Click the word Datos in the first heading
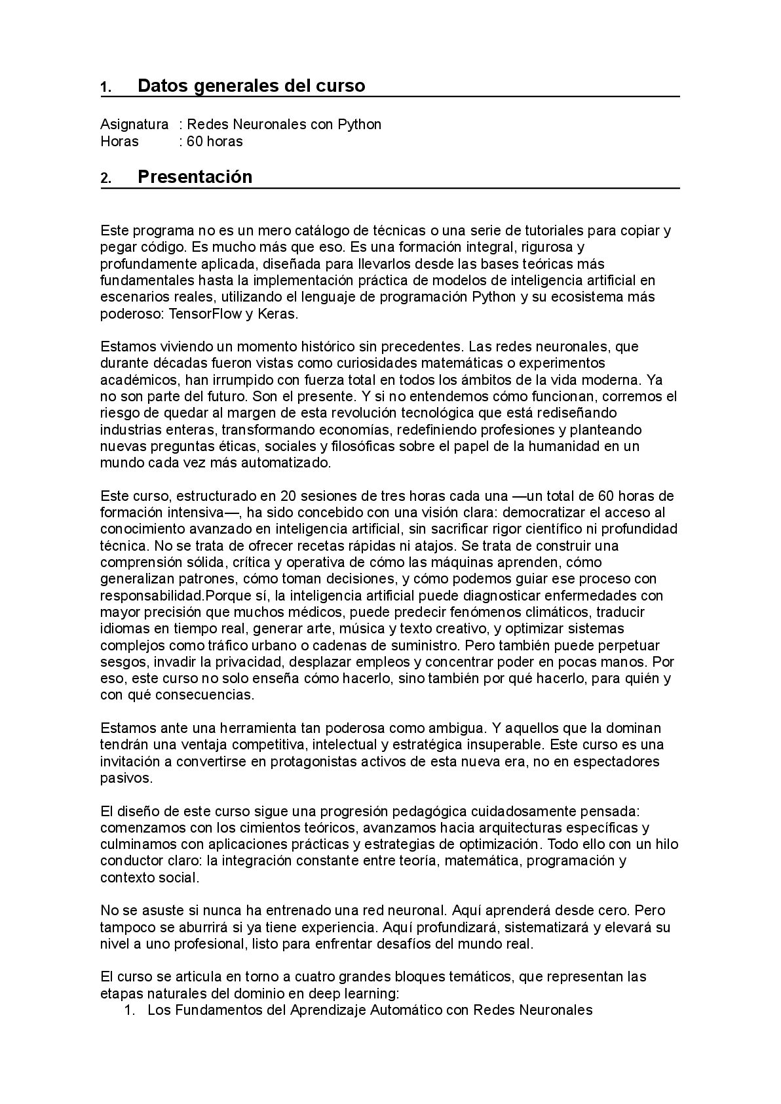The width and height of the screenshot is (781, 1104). tap(161, 86)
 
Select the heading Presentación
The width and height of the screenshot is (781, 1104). tap(195, 177)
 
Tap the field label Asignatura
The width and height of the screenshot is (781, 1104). tap(134, 125)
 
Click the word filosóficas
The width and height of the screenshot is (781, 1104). tap(351, 446)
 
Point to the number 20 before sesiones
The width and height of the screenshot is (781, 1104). tap(287, 496)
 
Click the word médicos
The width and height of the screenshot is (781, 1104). tap(316, 612)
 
